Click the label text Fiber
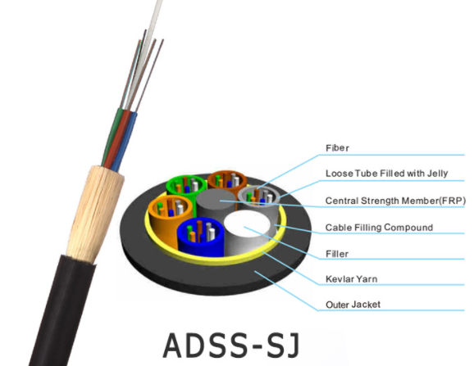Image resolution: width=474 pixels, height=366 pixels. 337,148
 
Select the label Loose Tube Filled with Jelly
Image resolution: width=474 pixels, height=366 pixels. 386,174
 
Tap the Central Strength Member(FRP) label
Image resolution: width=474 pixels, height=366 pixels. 395,201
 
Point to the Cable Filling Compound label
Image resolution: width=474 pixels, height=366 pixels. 379,228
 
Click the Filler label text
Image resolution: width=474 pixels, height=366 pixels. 337,254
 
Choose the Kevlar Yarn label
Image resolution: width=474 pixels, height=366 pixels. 351,279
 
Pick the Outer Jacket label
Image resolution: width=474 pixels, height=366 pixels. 353,305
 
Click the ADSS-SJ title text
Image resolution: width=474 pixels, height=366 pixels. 232,346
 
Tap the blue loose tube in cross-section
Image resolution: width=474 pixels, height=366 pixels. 200,235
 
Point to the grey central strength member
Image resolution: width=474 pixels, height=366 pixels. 216,203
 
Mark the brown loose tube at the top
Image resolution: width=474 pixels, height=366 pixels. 227,180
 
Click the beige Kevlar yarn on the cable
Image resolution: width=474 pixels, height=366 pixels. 95,213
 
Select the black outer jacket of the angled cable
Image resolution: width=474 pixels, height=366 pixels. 61,311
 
